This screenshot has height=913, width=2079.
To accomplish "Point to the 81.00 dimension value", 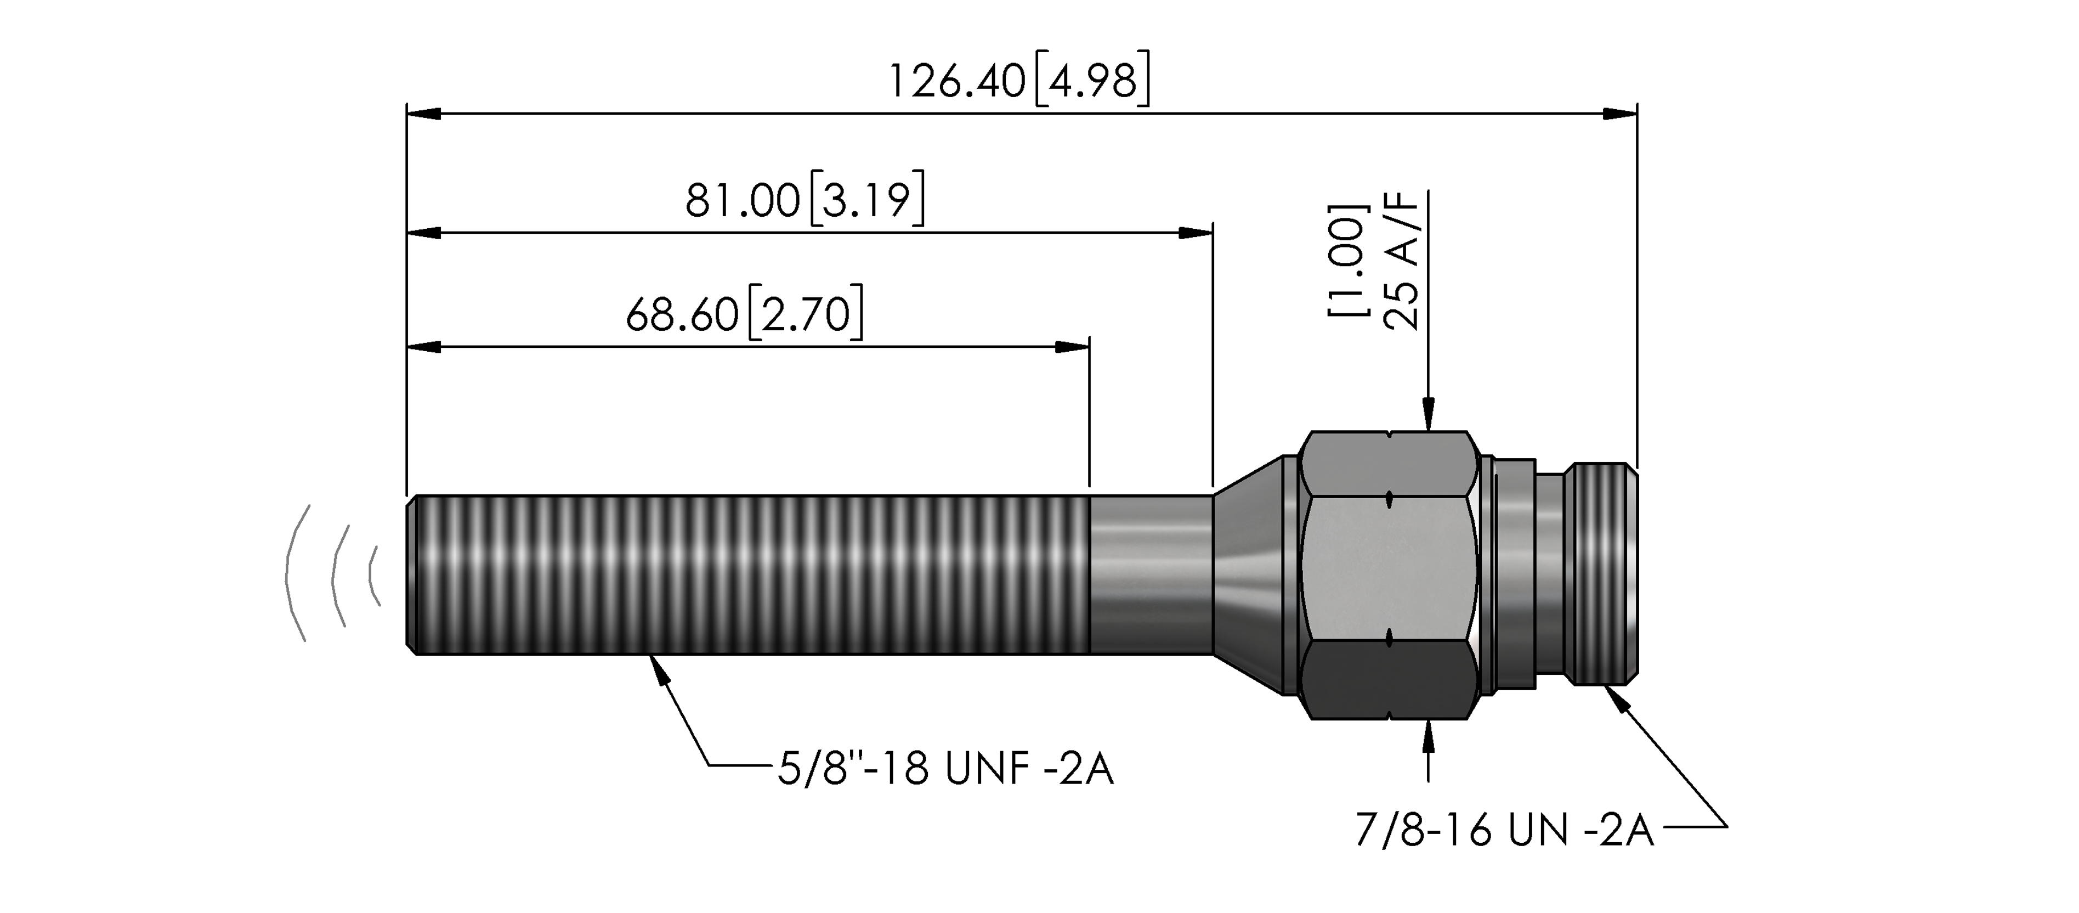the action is click(743, 200).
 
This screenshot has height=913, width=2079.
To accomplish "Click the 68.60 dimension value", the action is click(682, 315).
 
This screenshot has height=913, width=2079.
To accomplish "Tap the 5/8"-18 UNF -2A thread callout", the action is click(945, 769).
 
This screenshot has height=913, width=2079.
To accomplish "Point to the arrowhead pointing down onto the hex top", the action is click(1429, 414).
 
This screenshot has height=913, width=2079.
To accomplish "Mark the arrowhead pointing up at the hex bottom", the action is click(1429, 736).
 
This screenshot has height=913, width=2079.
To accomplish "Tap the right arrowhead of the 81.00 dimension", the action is click(1196, 233).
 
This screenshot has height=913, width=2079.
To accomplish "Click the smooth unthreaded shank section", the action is click(1151, 575).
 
